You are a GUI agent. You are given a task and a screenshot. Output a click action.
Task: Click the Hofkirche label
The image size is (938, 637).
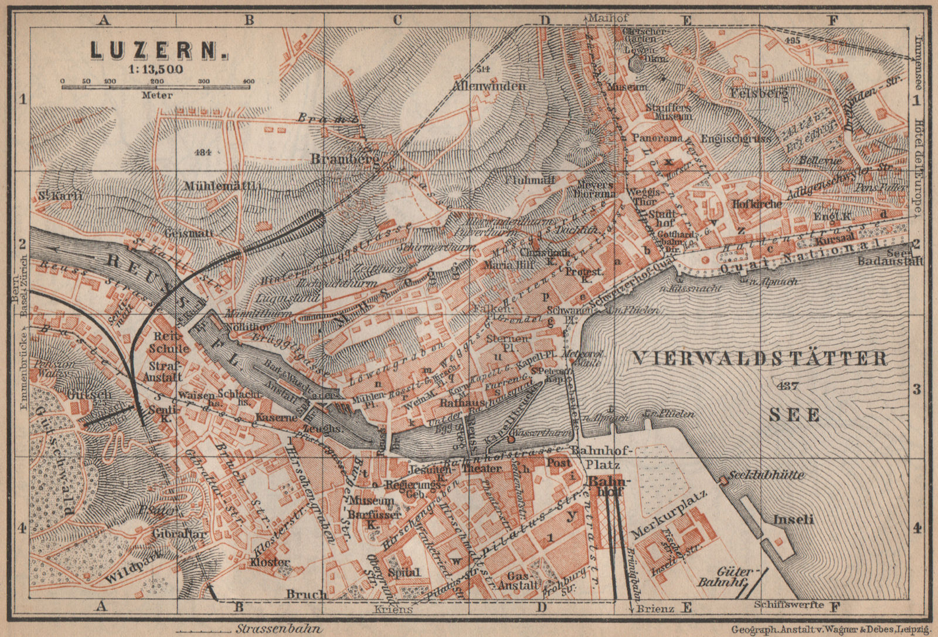pyautogui.click(x=757, y=204)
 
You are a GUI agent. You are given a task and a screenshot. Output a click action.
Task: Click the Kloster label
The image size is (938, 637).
pyautogui.click(x=270, y=562)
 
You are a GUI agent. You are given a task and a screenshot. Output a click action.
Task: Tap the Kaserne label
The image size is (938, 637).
pyautogui.click(x=276, y=418)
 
